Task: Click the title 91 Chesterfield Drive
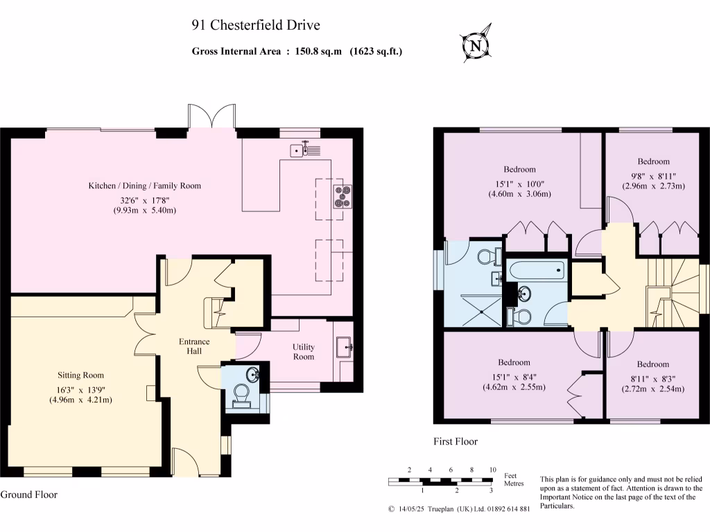coord(256,26)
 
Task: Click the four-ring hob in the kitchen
coord(343,197)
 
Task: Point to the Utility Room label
coord(303,351)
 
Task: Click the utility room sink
coord(344,346)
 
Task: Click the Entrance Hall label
coord(194,346)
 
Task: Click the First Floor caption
coord(455,441)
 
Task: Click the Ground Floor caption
coord(28,495)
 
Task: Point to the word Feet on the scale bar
coord(510,475)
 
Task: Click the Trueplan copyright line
coord(459,509)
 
